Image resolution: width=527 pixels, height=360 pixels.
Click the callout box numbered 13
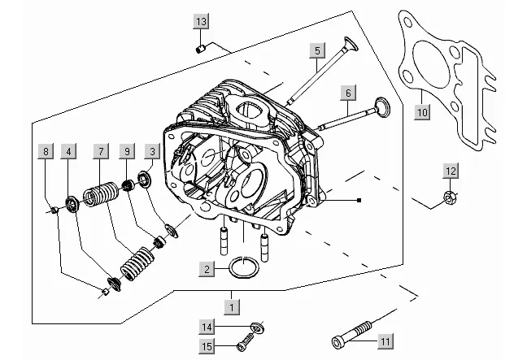pyautogui.click(x=201, y=22)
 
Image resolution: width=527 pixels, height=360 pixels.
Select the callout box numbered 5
pyautogui.click(x=317, y=51)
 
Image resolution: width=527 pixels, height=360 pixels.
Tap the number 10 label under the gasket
pyautogui.click(x=422, y=112)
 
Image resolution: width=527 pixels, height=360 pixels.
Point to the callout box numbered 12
pyautogui.click(x=451, y=171)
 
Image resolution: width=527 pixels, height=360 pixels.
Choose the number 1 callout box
pyautogui.click(x=232, y=307)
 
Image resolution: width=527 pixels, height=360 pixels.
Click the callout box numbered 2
pyautogui.click(x=207, y=269)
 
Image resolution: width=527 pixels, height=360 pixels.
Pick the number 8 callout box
pyautogui.click(x=46, y=151)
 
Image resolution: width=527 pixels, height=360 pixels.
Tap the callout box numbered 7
pyautogui.click(x=101, y=151)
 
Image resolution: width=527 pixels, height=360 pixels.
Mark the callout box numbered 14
pyautogui.click(x=207, y=327)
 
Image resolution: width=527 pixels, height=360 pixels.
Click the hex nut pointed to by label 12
pyautogui.click(x=449, y=197)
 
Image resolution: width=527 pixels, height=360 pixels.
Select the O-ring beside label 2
pyautogui.click(x=244, y=267)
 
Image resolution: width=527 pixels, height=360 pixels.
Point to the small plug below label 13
pyautogui.click(x=201, y=49)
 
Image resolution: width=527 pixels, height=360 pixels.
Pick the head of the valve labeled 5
pyautogui.click(x=351, y=44)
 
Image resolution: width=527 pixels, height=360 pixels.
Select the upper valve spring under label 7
pyautogui.click(x=101, y=194)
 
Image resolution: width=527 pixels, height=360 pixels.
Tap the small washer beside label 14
pyautogui.click(x=257, y=326)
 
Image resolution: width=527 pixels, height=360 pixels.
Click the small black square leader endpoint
pyautogui.click(x=359, y=201)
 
